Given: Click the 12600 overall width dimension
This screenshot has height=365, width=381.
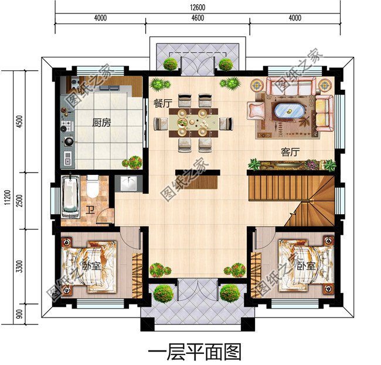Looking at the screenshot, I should pos(197,6).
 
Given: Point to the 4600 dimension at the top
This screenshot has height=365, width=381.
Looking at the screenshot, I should pos(197,18).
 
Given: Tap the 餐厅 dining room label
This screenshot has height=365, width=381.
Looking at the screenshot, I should pos(162,103).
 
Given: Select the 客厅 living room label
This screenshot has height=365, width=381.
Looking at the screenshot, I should pos(290,152).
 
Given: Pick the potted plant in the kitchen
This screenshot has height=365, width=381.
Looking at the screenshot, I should pos(132,162).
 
